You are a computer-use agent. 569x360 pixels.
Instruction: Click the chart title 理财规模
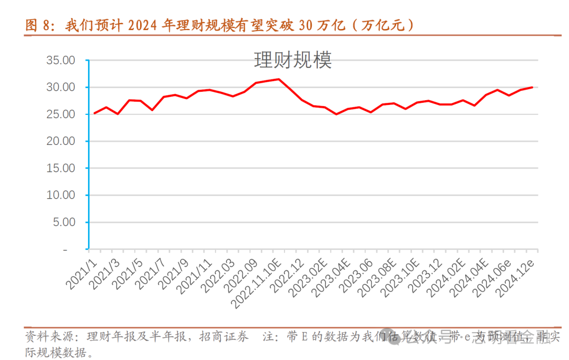(293, 60)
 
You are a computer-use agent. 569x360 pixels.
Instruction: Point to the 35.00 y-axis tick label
(61, 61)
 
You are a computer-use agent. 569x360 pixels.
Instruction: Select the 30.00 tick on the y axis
(61, 87)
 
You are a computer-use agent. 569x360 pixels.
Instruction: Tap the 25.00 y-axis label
(61, 114)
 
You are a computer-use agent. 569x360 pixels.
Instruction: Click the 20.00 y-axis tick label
(61, 141)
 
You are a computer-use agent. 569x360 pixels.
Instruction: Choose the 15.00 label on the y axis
(61, 168)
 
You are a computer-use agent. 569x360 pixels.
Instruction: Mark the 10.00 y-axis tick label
(61, 196)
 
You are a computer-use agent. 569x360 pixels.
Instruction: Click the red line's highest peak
(279, 79)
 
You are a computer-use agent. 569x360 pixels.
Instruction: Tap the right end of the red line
(532, 87)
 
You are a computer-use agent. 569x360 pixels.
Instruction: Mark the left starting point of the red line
(95, 113)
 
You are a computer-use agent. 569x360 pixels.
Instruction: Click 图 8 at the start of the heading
(38, 25)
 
